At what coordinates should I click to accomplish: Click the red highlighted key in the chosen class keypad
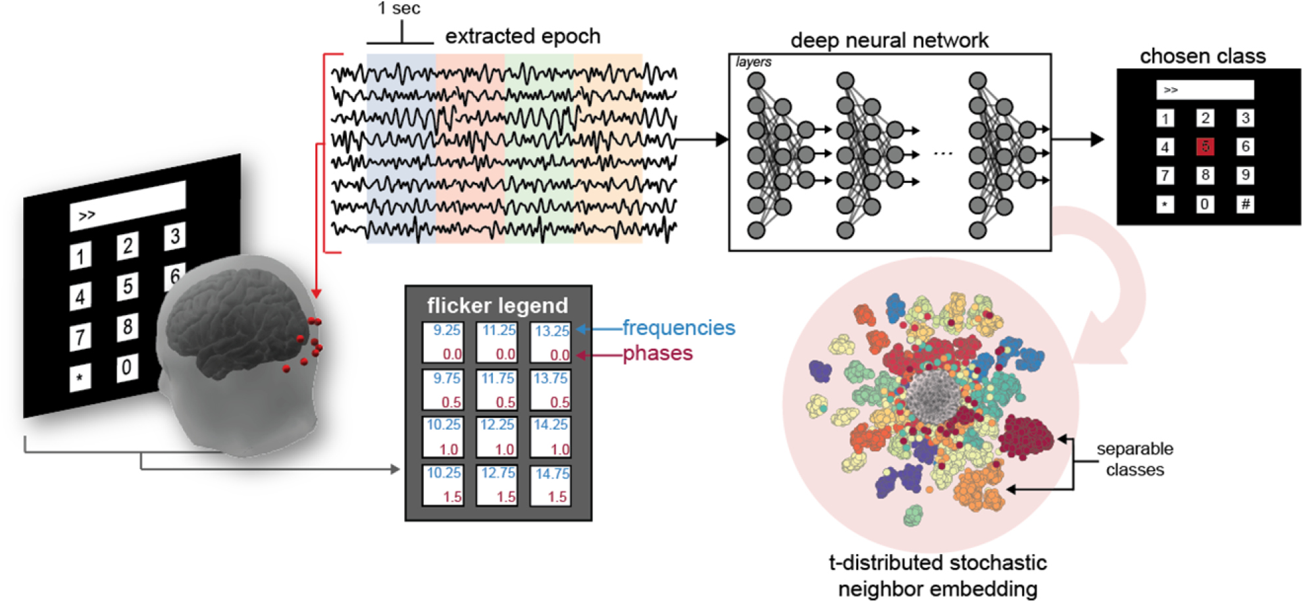[1204, 146]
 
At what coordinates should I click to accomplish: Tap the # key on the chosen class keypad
[1244, 204]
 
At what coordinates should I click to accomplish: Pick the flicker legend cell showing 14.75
[551, 485]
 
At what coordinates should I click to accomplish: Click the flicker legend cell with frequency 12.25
[497, 436]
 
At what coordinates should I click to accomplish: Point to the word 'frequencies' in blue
[678, 328]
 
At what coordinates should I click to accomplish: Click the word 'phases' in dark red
[657, 353]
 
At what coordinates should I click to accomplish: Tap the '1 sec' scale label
[399, 9]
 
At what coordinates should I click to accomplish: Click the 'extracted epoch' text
[523, 36]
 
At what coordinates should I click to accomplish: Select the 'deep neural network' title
[889, 40]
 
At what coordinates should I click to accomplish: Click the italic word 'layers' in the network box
[754, 62]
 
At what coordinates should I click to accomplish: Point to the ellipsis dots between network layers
[942, 154]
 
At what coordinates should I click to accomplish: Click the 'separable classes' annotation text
[1135, 459]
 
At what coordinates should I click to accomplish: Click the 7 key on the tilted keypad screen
[80, 337]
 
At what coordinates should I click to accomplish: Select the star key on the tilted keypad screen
[80, 378]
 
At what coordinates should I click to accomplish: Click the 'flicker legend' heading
[497, 305]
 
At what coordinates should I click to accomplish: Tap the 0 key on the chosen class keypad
[1204, 204]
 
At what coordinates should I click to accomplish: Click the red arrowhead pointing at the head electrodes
[317, 293]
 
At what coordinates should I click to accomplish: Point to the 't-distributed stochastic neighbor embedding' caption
[937, 575]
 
